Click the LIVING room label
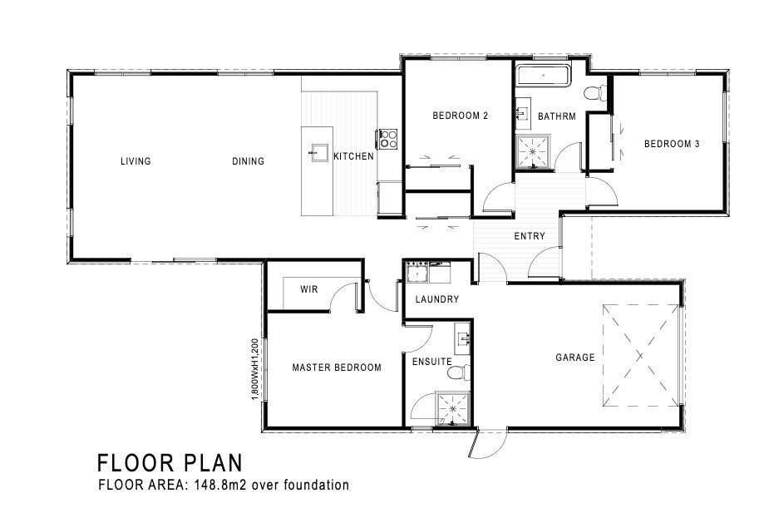tap(136, 160)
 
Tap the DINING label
tap(248, 160)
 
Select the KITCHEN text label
tap(354, 156)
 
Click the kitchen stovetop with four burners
tap(388, 138)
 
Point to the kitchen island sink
tap(317, 152)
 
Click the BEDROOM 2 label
tap(460, 116)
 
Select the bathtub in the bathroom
tap(543, 76)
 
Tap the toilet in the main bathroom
tap(595, 92)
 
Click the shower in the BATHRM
tap(533, 152)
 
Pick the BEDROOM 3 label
tap(672, 144)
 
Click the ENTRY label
tap(530, 236)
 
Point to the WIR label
tap(309, 289)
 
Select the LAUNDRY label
tap(437, 299)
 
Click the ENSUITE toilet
tap(459, 372)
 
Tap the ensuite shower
tap(453, 408)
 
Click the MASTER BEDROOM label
tap(337, 367)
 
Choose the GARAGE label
tap(575, 358)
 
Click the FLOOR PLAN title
tap(170, 463)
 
